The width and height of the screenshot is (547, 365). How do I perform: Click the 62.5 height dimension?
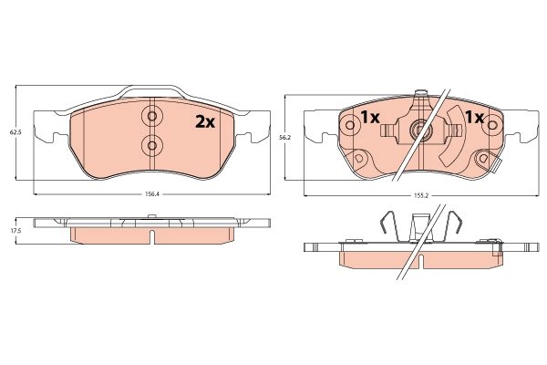click(15, 132)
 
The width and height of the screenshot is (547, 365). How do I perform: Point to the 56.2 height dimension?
click(285, 138)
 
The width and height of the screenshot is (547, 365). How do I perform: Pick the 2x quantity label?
click(205, 122)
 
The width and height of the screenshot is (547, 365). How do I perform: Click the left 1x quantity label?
click(370, 118)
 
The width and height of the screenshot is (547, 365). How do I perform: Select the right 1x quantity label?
click(475, 118)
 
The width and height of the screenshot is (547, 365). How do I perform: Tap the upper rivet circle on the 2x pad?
click(152, 116)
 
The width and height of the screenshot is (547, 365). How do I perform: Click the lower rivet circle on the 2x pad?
click(152, 144)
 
